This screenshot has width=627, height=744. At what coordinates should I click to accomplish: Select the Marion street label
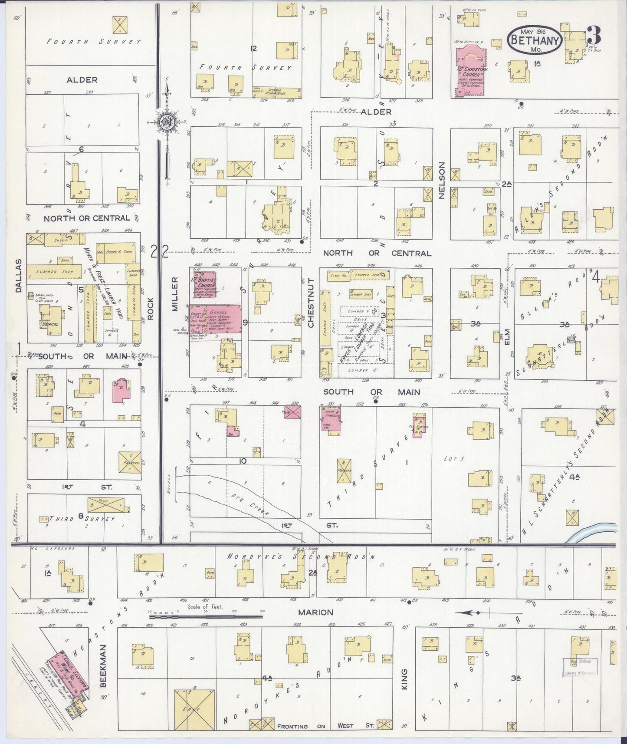click(315, 612)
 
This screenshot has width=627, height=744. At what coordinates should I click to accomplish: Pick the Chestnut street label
click(310, 303)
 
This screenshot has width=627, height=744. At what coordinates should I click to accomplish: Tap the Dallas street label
click(18, 270)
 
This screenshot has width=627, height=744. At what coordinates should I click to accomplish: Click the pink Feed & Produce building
click(331, 418)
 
